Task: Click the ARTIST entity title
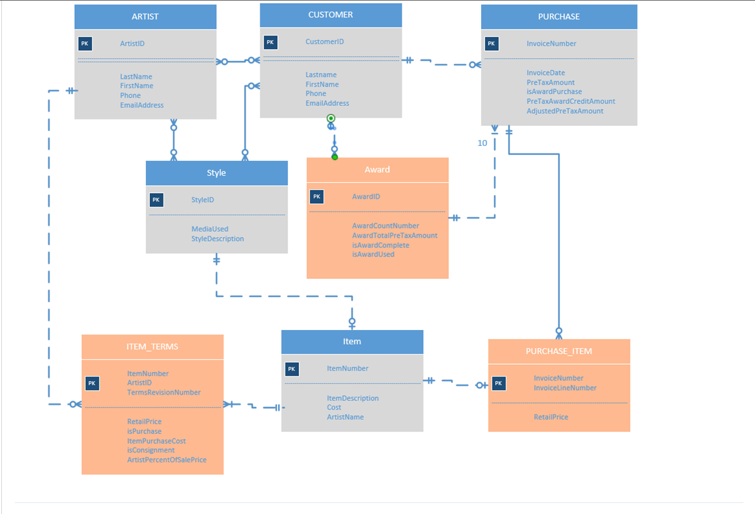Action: (145, 17)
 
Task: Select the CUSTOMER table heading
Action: (331, 15)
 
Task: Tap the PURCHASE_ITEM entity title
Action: (559, 351)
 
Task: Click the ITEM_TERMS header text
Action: (152, 347)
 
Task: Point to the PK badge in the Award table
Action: (316, 197)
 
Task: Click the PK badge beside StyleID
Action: (156, 200)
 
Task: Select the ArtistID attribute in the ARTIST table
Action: (132, 44)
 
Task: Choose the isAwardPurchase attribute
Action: (554, 92)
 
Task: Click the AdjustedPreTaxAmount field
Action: (565, 111)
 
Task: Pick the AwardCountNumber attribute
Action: (386, 226)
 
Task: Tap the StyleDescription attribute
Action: (218, 239)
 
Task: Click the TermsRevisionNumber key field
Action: (164, 393)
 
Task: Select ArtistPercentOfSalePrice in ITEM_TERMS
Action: (167, 460)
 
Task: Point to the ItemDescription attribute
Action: (353, 398)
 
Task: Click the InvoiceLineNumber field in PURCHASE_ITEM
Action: (565, 388)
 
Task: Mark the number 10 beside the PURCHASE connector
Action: (482, 143)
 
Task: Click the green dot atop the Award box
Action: (335, 157)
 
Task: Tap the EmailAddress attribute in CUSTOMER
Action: (327, 103)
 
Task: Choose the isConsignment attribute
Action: (150, 450)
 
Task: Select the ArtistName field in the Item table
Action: (345, 417)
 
